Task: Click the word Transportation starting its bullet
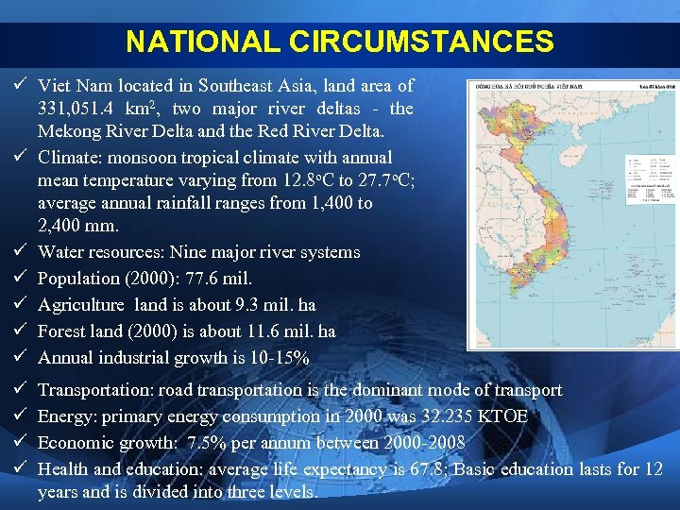click(x=95, y=390)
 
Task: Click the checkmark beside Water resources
click(x=19, y=252)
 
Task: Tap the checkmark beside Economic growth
click(x=19, y=443)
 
